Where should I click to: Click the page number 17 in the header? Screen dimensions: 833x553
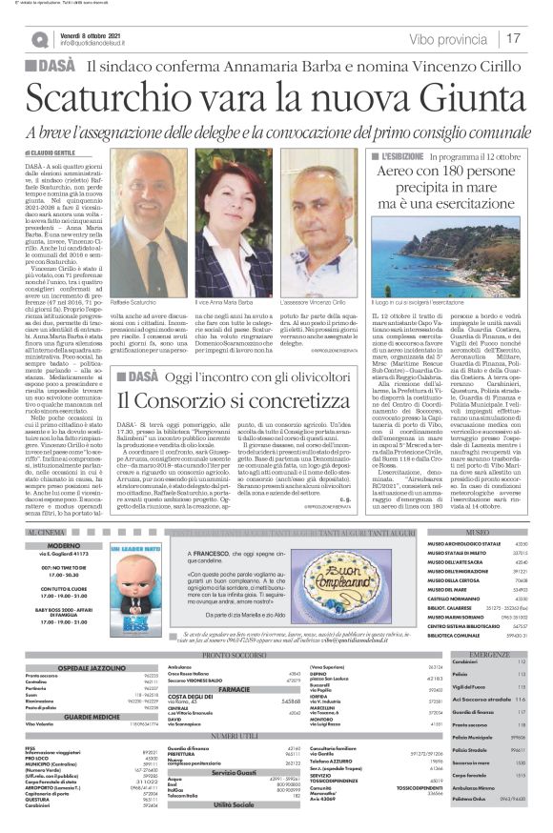[x=515, y=39]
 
